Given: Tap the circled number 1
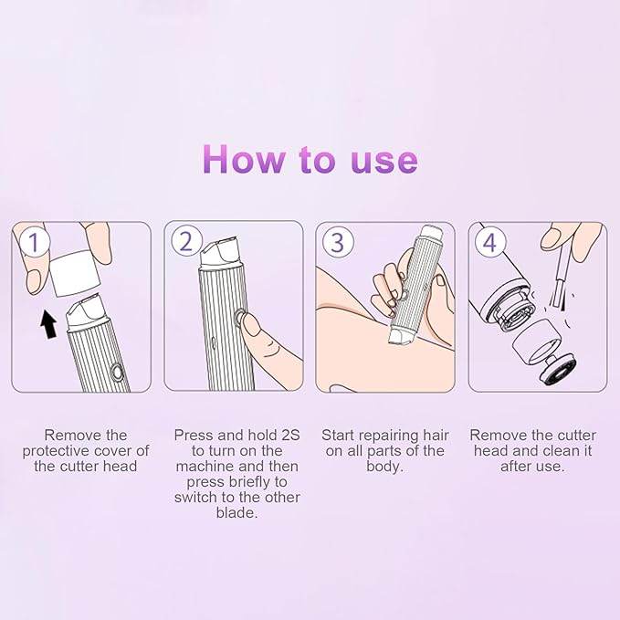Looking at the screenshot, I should pos(34,243).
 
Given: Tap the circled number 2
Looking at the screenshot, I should pos(186,242).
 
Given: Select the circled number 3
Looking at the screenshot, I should pos(338,243).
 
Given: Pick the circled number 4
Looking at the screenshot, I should pos(490,243).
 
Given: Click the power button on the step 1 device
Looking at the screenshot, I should pos(116,372).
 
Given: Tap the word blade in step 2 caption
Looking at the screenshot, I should pos(237,513).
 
